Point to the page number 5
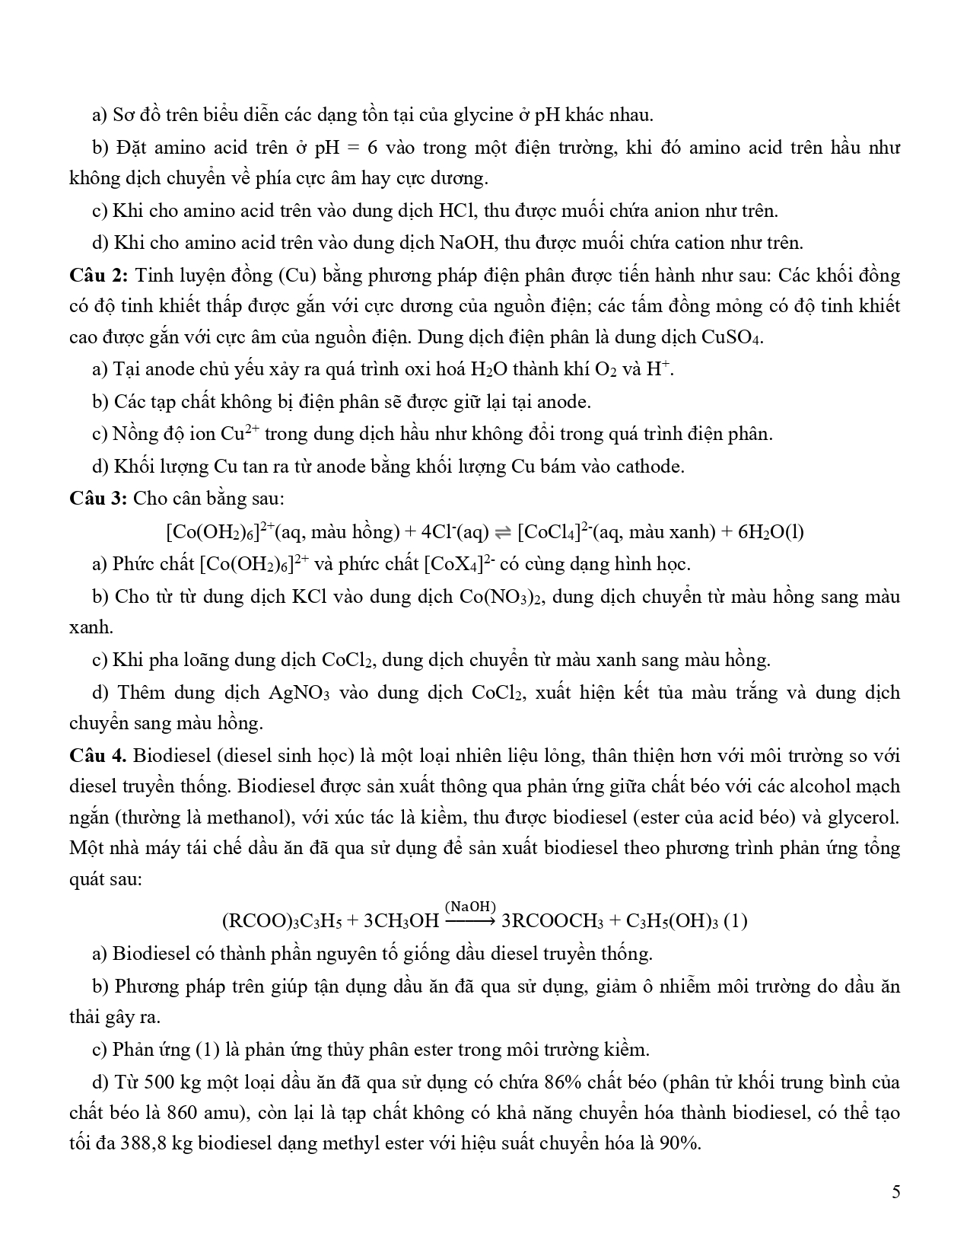[x=895, y=1191]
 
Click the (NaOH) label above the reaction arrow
[x=471, y=906]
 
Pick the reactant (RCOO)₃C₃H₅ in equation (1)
[x=282, y=922]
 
